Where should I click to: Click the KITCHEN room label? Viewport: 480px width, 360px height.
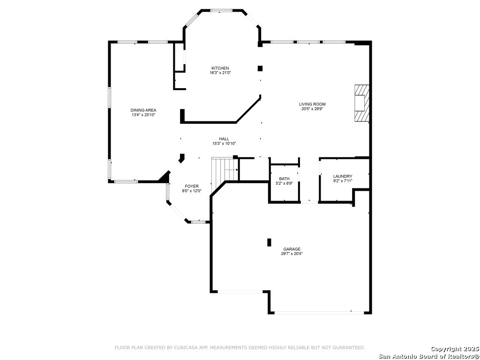pyautogui.click(x=220, y=68)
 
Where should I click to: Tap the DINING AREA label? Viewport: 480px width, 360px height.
pyautogui.click(x=143, y=110)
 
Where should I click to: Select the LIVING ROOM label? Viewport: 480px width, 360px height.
pyautogui.click(x=312, y=104)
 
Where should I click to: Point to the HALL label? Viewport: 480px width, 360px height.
pyautogui.click(x=224, y=139)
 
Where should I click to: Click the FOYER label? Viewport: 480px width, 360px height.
pyautogui.click(x=192, y=186)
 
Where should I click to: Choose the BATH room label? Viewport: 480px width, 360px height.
pyautogui.click(x=284, y=179)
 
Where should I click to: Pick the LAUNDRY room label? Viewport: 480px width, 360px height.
pyautogui.click(x=343, y=176)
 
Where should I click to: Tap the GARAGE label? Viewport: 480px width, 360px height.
pyautogui.click(x=292, y=249)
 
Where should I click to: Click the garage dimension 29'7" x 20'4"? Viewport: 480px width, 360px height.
pyautogui.click(x=292, y=254)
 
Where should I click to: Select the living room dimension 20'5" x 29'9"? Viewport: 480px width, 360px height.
pyautogui.click(x=312, y=109)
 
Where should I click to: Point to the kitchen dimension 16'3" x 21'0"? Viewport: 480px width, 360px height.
pyautogui.click(x=220, y=73)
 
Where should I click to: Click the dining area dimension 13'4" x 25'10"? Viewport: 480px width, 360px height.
pyautogui.click(x=143, y=115)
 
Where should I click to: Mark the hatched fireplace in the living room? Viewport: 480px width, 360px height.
pyautogui.click(x=362, y=103)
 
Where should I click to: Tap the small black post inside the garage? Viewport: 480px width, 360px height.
pyautogui.click(x=270, y=242)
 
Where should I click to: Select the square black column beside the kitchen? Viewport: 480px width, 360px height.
pyautogui.click(x=260, y=68)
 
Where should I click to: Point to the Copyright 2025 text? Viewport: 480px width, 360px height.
pyautogui.click(x=455, y=349)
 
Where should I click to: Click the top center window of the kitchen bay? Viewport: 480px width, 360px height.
pyautogui.click(x=222, y=11)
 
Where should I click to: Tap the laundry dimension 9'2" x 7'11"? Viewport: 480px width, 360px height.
pyautogui.click(x=343, y=181)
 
